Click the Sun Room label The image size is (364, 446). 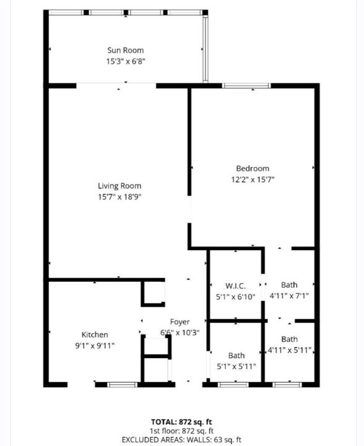pos(125,50)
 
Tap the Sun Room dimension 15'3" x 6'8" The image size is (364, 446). pos(126,61)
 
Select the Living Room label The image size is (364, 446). pos(119,186)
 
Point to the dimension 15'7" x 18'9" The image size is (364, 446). pos(119,197)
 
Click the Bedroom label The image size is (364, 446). pos(253,168)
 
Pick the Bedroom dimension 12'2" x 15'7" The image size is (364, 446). pos(253,180)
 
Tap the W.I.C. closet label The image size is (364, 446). pos(235,286)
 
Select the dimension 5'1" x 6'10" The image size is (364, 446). pos(236,297)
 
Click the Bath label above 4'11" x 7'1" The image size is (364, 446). pos(289,285)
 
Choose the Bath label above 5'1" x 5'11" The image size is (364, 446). pos(236,356)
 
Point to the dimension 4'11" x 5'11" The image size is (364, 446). pos(290,350)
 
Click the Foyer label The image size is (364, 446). pos(180,321)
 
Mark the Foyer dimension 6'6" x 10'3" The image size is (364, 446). pos(180,332)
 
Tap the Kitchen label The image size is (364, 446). pos(95,334)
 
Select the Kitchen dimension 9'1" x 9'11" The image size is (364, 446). pos(95,346)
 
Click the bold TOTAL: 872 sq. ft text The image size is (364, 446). pos(181,422)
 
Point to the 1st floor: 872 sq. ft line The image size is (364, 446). pos(181,431)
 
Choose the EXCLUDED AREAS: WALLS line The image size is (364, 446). pos(181,440)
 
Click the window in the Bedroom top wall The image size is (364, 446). pos(246,85)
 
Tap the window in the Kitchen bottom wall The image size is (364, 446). pos(122,385)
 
